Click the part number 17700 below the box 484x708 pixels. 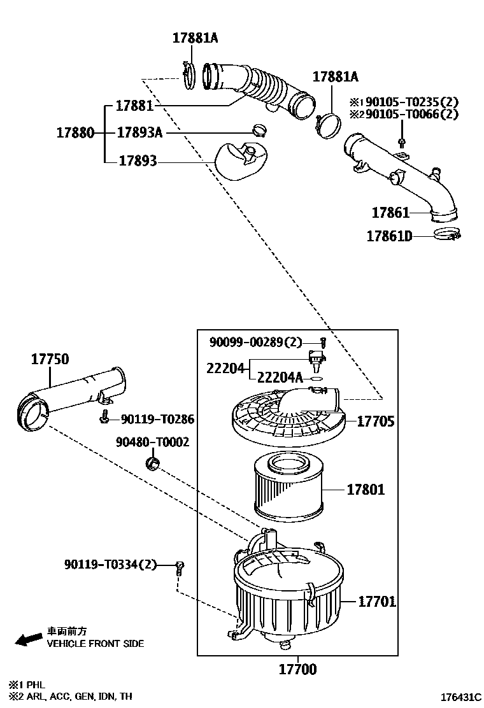[x=297, y=669]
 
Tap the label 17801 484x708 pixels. [x=366, y=490]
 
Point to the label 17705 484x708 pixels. [x=375, y=421]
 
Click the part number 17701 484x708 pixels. [x=376, y=601]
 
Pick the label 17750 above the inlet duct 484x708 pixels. [x=50, y=360]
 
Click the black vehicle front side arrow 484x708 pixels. [x=29, y=639]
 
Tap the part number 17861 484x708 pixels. [x=390, y=212]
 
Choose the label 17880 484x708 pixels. [x=75, y=133]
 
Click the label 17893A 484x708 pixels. [x=139, y=132]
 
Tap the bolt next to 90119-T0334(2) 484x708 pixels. [x=180, y=567]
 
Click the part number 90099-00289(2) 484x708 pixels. [x=256, y=343]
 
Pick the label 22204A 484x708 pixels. [x=280, y=378]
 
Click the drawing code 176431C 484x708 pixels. [x=456, y=697]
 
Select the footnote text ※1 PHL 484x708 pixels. [x=26, y=684]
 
